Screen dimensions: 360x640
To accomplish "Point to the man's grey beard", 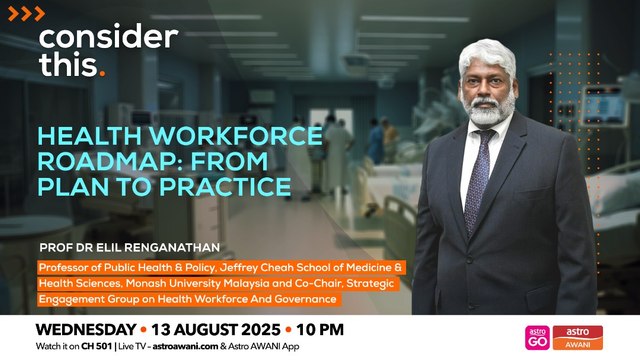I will (483, 109).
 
